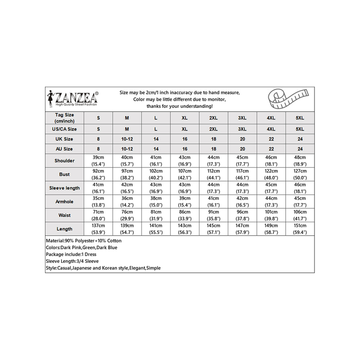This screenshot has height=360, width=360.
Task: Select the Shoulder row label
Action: tap(64, 161)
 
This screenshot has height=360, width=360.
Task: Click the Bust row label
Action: tap(64, 174)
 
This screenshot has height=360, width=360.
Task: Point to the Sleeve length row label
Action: tap(64, 188)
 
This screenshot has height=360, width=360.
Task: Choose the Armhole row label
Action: tap(64, 201)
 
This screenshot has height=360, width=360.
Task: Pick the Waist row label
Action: tap(64, 215)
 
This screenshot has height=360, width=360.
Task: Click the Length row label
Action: tap(64, 229)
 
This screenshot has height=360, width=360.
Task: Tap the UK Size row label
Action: tap(64, 139)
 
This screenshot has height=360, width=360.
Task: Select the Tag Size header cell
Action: tap(64, 117)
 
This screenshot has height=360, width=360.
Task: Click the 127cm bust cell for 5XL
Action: tap(300, 174)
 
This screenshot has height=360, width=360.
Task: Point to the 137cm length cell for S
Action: tap(98, 229)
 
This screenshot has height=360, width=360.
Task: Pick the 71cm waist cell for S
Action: tap(98, 215)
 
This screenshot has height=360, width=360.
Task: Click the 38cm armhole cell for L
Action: tap(156, 201)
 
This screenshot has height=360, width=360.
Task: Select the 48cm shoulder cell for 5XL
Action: tap(300, 161)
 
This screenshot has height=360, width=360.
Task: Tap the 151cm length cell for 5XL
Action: tap(300, 229)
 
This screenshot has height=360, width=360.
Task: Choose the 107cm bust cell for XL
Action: tap(184, 174)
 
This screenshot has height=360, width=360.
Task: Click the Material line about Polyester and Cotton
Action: tap(84, 241)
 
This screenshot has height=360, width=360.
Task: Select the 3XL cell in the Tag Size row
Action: tap(242, 117)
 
